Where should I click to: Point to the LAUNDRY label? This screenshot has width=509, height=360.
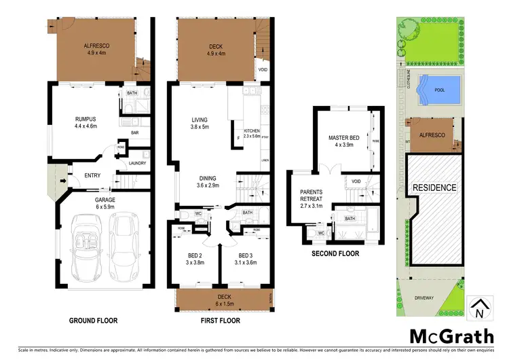coord(137,163)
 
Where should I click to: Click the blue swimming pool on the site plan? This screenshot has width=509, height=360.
coord(439,88)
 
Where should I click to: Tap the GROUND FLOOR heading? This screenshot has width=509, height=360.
coord(94,320)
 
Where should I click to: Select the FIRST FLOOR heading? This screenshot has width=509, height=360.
coord(222,320)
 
